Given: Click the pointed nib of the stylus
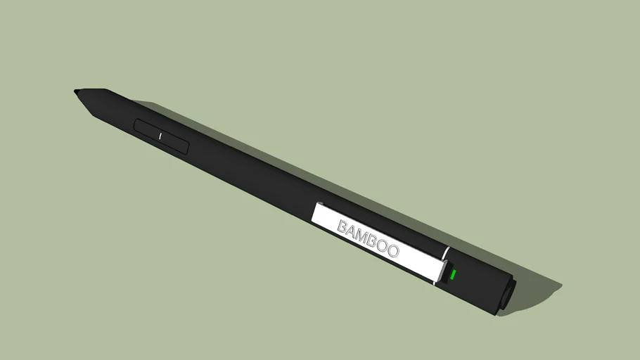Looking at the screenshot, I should coord(76,91).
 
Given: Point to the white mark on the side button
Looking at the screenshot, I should coord(160,135).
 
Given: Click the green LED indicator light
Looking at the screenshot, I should coord(454,274).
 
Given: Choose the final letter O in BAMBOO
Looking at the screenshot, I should coord(393,251).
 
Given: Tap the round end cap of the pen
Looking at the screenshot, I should coord(506,295).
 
